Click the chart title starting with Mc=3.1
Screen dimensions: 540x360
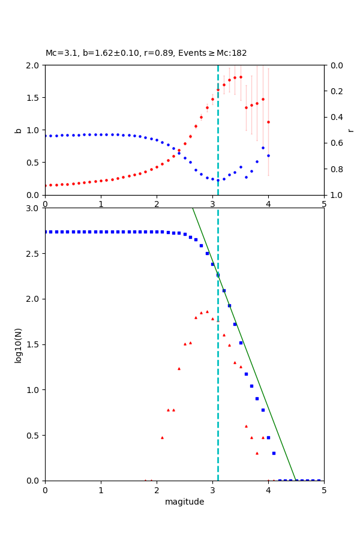(x=146, y=53)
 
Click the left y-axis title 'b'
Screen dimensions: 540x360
(x=18, y=130)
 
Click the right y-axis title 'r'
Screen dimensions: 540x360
(x=350, y=130)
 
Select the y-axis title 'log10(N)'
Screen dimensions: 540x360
(x=18, y=344)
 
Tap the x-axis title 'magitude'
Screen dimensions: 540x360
(x=184, y=502)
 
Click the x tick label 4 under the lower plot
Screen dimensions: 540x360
(x=268, y=490)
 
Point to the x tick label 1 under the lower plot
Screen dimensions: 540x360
(x=101, y=490)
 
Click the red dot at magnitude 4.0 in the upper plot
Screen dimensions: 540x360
(x=268, y=122)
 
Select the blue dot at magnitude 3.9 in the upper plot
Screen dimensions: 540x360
(x=263, y=148)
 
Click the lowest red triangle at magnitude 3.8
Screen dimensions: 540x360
(x=257, y=453)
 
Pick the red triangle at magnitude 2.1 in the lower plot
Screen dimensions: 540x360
(x=162, y=437)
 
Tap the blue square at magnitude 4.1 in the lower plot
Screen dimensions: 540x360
(x=274, y=453)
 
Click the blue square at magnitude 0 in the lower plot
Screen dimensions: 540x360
(x=45, y=232)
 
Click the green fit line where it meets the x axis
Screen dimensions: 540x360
(x=296, y=480)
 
